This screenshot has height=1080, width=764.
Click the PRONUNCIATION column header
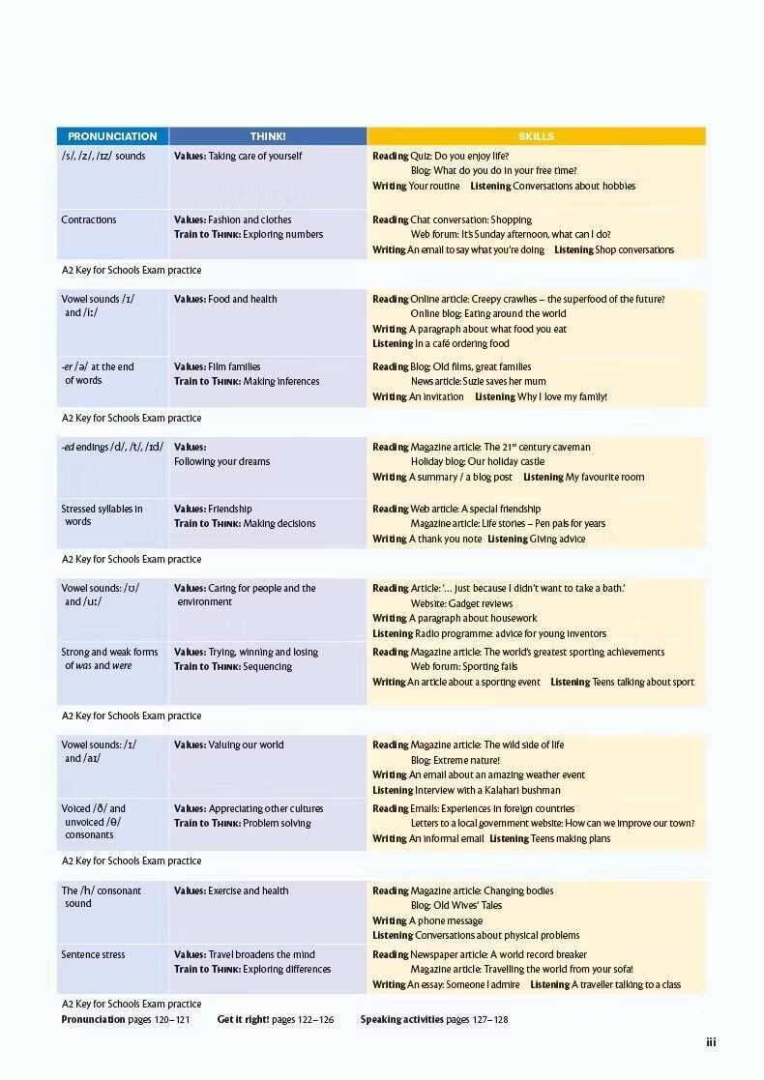[x=112, y=136]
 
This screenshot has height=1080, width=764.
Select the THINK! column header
[x=268, y=136]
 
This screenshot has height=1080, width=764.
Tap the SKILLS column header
[x=536, y=136]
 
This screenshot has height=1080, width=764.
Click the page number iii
[x=711, y=1042]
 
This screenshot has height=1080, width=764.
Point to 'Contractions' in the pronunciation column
[x=89, y=220]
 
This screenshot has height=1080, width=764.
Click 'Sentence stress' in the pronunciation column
[x=93, y=955]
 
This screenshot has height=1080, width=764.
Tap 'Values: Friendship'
[x=213, y=510]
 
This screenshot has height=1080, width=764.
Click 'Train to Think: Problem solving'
[x=243, y=824]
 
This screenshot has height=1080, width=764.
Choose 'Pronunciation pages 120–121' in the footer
[x=126, y=1020]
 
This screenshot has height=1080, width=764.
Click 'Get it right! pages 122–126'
[x=276, y=1020]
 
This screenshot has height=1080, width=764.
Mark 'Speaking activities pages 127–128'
[x=434, y=1020]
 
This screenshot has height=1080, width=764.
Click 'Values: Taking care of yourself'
[x=238, y=157]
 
